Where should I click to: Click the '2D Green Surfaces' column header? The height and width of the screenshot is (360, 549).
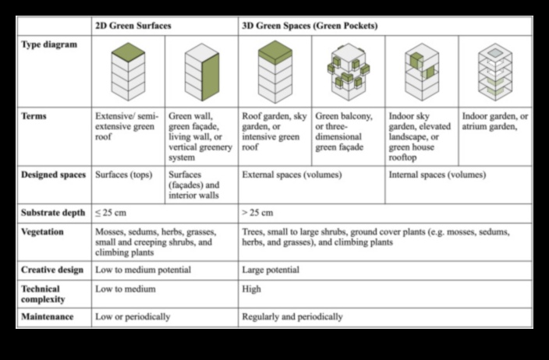point(133,26)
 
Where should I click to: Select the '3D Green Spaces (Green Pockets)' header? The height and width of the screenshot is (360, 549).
point(310,26)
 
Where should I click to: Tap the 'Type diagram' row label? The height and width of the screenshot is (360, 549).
point(49,45)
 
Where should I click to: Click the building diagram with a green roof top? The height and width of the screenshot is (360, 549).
point(129,72)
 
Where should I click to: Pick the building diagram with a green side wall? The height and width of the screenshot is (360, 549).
point(201,72)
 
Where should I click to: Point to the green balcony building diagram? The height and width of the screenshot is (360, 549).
point(348,72)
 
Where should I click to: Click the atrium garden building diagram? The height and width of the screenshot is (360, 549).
point(494,72)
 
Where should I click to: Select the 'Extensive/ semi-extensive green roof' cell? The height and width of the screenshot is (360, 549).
point(127,127)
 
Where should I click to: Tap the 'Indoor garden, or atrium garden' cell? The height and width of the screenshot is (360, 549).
point(495,122)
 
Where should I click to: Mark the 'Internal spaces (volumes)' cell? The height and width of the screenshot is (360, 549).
point(437,175)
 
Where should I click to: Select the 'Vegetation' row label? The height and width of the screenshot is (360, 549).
point(44,232)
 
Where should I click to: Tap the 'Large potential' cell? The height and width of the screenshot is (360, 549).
point(271,270)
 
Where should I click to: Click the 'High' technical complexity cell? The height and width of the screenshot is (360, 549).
point(252,289)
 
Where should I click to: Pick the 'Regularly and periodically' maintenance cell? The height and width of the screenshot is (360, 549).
point(292,317)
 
